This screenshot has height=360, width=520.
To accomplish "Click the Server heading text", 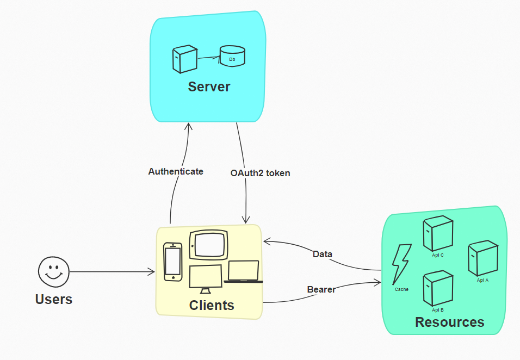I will [x=209, y=86].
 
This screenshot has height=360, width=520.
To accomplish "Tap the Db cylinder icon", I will [x=232, y=56].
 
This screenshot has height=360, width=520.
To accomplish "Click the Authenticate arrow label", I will [x=176, y=171].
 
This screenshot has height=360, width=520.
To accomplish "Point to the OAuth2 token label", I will [x=260, y=173].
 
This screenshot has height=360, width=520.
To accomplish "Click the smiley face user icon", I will [x=53, y=271].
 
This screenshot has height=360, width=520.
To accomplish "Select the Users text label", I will [x=53, y=299].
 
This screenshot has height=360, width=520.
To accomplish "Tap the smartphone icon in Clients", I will [x=172, y=262].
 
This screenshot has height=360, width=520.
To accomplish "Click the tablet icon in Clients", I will [x=208, y=245].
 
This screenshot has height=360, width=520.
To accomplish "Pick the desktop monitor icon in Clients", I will [x=206, y=278].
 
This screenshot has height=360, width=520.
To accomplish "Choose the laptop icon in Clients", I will [x=243, y=272].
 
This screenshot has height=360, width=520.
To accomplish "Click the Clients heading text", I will [x=212, y=305].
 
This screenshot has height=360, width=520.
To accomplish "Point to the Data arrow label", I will [x=322, y=254].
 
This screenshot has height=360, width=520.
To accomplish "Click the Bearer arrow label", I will [x=321, y=289].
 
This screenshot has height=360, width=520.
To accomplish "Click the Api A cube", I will [x=483, y=259].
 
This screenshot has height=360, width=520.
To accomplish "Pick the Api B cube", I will [x=438, y=288].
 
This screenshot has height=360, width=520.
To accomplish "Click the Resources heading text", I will [x=449, y=322].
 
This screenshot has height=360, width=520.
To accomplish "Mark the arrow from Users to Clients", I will [x=112, y=271].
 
